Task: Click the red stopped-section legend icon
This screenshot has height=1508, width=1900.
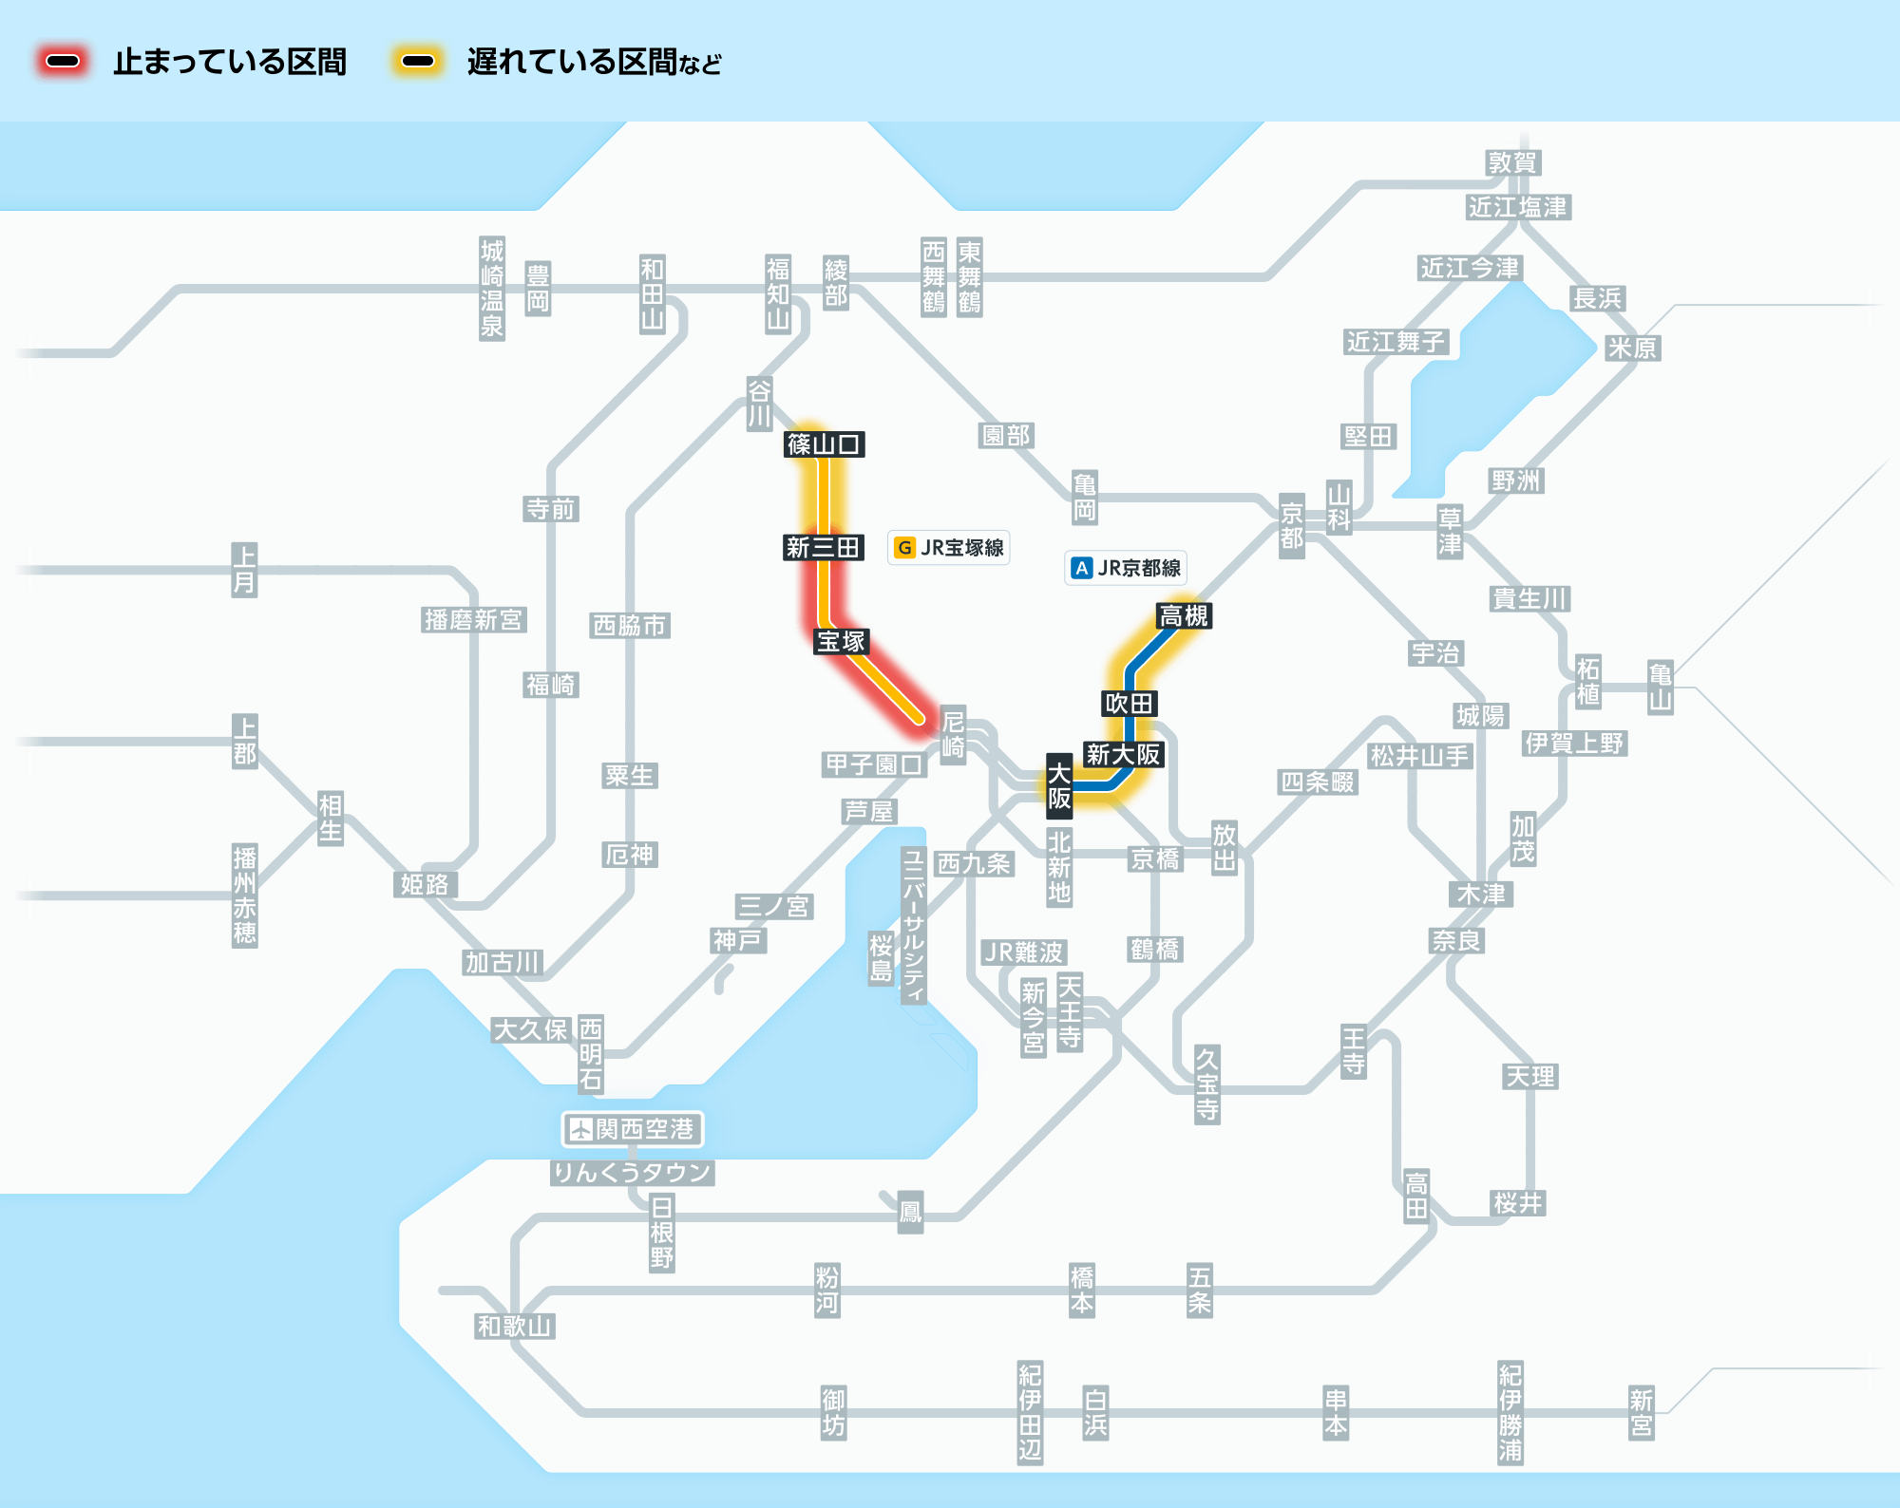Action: (x=63, y=62)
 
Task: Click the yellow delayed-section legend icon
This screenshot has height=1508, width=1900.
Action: (x=418, y=62)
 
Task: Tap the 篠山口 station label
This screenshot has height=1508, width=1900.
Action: (x=824, y=443)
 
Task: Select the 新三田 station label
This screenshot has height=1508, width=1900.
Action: (x=823, y=547)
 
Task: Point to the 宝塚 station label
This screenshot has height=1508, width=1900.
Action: (x=841, y=641)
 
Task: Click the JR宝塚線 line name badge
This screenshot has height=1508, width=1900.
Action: (x=948, y=548)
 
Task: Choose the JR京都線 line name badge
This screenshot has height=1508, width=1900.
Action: (x=1126, y=568)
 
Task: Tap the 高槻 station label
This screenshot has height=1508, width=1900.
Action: (x=1184, y=616)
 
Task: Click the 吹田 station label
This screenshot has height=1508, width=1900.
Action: (x=1129, y=704)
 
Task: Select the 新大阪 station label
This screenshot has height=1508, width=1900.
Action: (x=1123, y=754)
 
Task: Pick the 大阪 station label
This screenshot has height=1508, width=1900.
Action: (x=1059, y=785)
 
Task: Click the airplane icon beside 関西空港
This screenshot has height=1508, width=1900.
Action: (x=580, y=1129)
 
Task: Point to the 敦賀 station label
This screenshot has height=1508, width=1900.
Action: (x=1512, y=162)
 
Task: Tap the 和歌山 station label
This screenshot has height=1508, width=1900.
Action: (x=514, y=1326)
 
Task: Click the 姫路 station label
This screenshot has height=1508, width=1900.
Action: (x=425, y=884)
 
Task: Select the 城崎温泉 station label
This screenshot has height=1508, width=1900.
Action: (x=492, y=289)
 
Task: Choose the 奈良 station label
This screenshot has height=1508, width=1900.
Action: (x=1456, y=940)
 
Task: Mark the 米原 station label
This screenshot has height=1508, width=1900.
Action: (x=1631, y=348)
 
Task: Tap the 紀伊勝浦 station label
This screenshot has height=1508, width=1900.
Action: (x=1510, y=1412)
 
